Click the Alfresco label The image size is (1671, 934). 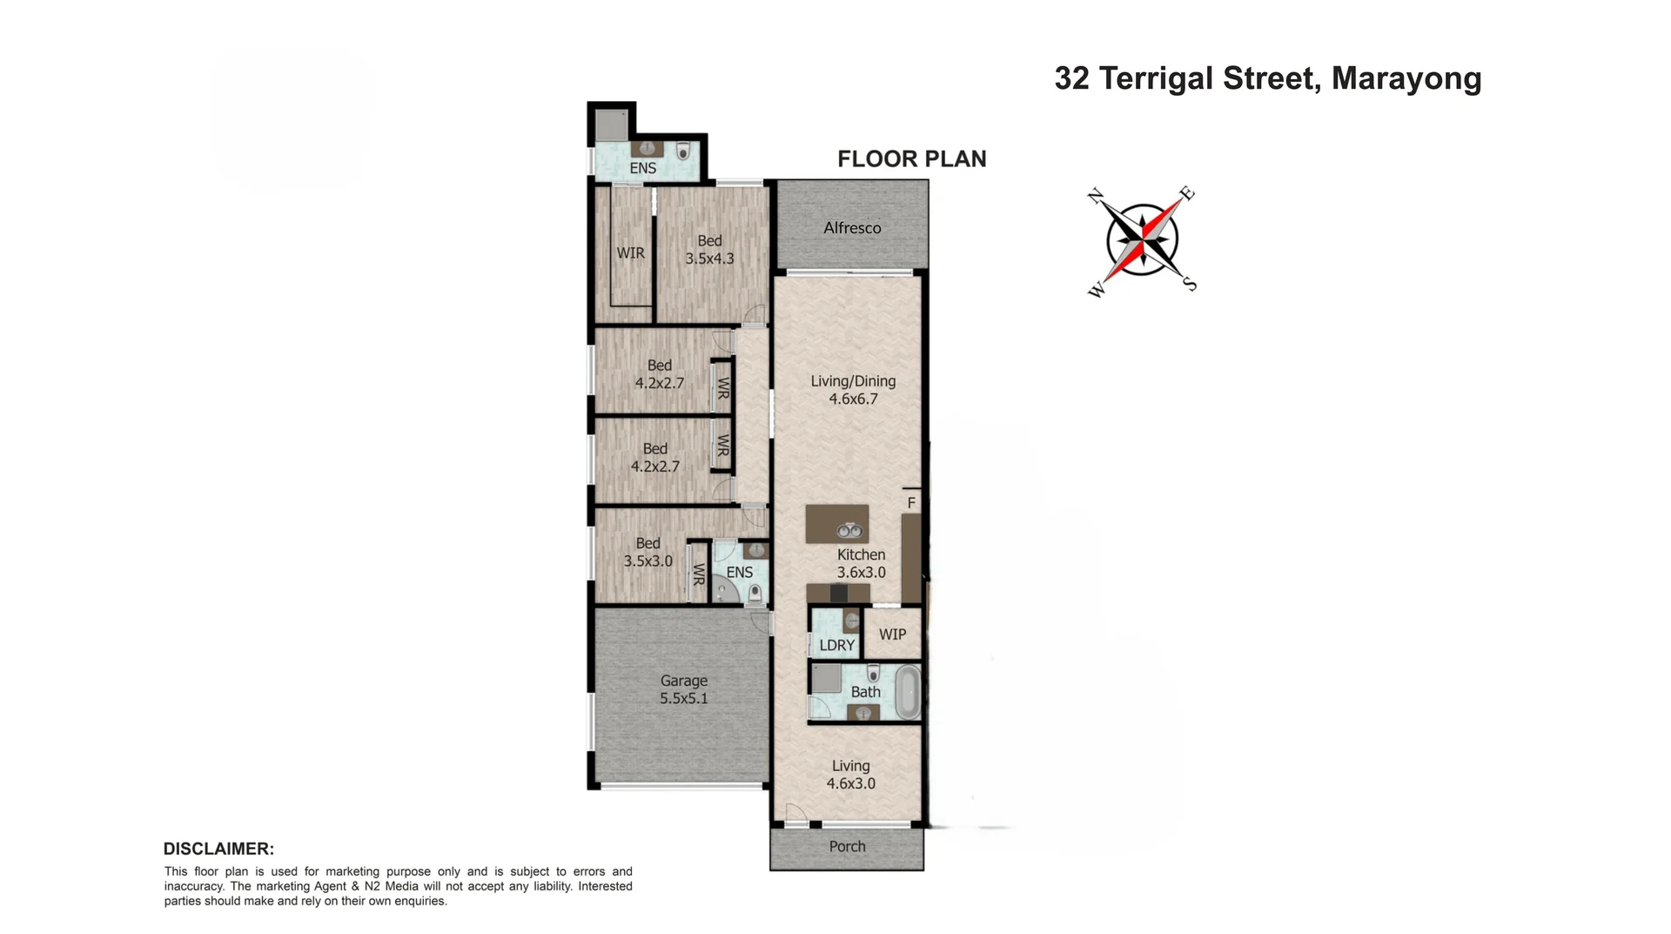tap(852, 228)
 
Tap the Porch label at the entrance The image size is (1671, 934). tap(847, 847)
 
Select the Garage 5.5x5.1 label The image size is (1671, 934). tap(683, 689)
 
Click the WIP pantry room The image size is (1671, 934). tap(892, 635)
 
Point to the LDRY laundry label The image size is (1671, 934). tap(836, 645)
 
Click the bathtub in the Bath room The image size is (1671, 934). tap(908, 692)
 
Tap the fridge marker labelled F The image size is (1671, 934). tap(911, 503)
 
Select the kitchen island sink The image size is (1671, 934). tap(849, 530)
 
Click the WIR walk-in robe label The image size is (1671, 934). tap(630, 253)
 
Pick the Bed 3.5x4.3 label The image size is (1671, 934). tap(709, 250)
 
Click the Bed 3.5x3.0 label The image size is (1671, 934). tap(648, 552)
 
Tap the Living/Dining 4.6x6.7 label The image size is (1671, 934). tap(853, 390)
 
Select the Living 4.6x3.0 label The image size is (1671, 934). tap(850, 775)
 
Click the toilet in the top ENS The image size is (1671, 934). tap(683, 151)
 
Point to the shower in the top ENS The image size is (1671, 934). tap(611, 125)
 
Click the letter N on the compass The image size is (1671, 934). tap(1097, 195)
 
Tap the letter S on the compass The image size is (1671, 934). tap(1190, 284)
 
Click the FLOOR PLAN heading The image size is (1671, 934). tap(911, 159)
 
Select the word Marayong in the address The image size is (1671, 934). tap(1406, 78)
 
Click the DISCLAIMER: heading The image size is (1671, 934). tap(218, 849)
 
